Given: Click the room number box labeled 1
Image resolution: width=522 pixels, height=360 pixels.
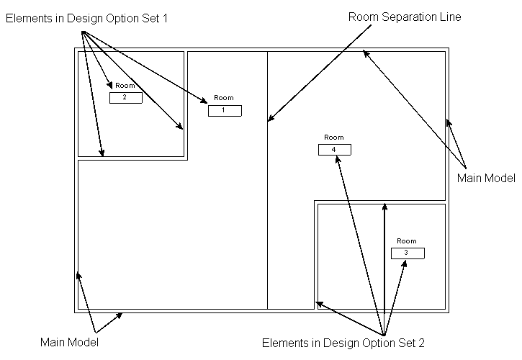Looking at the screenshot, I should coord(225,110).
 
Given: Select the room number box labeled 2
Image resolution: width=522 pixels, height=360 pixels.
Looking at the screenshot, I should coord(125,98).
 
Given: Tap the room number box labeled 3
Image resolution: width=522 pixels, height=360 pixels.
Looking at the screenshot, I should coord(408,253).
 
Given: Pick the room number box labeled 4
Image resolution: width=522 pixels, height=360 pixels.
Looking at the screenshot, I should coord(334,149).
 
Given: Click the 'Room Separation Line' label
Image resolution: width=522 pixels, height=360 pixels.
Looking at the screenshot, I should coord(404,17).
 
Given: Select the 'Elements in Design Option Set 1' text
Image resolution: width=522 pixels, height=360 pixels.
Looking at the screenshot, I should coord(86,18).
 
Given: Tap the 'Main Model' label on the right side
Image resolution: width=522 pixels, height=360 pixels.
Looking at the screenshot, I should coord(487,176).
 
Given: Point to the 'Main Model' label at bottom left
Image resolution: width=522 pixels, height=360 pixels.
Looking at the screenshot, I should coord(69,342).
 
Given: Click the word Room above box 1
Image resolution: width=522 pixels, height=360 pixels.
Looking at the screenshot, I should coord(224,98).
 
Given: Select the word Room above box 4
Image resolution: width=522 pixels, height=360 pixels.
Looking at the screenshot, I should coord(334,137).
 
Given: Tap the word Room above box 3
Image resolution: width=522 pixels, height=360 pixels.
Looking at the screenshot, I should coord(407,240).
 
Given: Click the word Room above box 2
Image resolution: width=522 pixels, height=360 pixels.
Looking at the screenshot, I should coord(125,85).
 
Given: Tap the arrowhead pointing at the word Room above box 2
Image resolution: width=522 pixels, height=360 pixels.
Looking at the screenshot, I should coord(111,86).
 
